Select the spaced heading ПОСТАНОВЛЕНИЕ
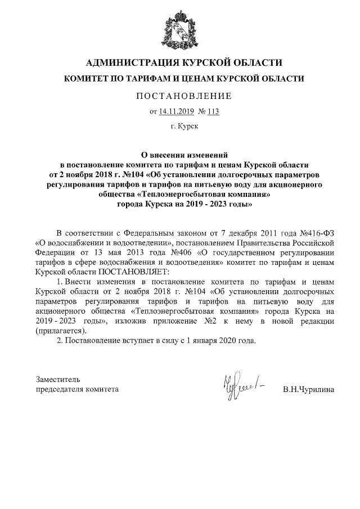coord(183,96)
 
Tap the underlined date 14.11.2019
coord(175,111)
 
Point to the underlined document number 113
coord(213,111)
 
